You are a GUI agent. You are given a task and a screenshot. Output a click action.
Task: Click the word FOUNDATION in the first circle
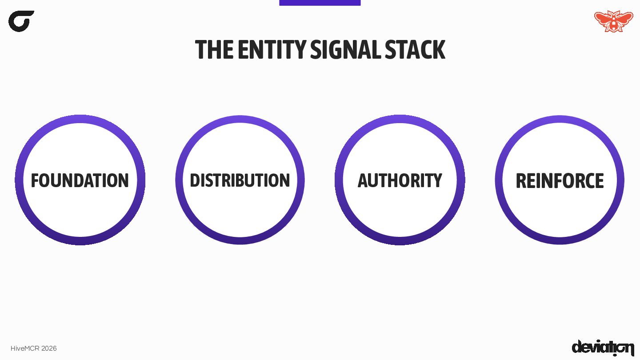[80, 180]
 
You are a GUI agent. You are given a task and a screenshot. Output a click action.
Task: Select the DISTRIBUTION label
[240, 180]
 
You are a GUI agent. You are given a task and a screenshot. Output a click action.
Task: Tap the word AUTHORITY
[400, 180]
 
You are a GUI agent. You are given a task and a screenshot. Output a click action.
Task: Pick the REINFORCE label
[560, 180]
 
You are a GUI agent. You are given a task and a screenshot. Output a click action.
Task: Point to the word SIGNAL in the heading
[345, 50]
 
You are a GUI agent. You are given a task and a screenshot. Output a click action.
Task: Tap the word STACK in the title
[415, 50]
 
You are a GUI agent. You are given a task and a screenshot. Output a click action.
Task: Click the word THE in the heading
[214, 50]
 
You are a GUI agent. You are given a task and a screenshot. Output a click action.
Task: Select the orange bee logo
[613, 21]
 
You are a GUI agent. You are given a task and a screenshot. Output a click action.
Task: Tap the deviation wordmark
[603, 348]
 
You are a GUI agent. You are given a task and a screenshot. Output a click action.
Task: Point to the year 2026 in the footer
[49, 348]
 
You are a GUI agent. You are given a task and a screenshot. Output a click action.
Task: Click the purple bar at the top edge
[320, 3]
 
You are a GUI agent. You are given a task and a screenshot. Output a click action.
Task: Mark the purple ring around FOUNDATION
[80, 119]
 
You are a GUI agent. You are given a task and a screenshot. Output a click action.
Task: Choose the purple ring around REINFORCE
[560, 120]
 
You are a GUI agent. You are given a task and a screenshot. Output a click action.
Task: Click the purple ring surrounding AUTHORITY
[400, 119]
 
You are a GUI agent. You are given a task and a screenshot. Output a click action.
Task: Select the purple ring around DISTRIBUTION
[240, 120]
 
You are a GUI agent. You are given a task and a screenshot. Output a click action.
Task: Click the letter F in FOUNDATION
[35, 180]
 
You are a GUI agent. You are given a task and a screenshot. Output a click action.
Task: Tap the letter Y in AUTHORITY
[437, 180]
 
